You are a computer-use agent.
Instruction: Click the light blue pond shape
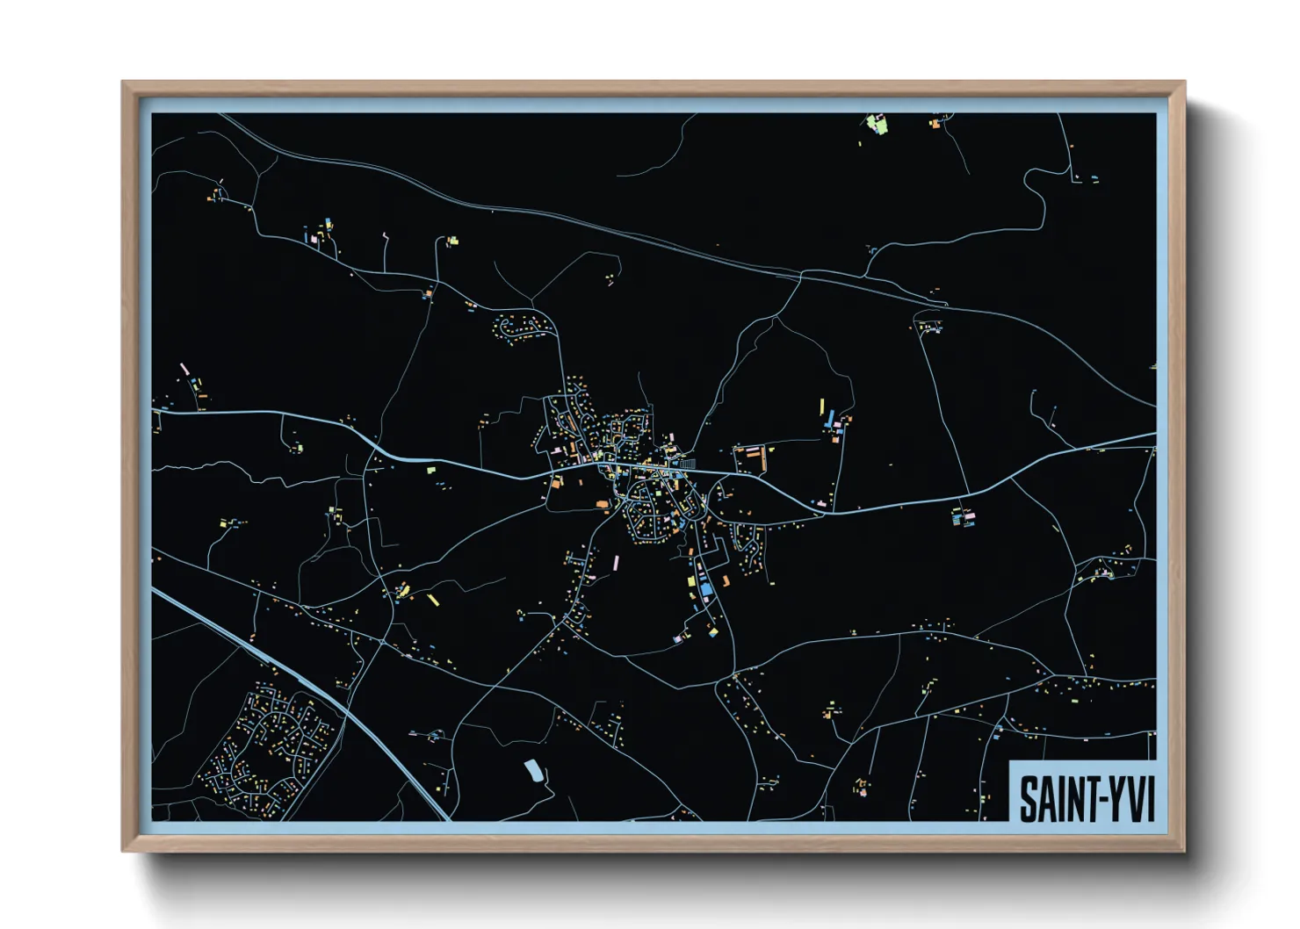point(532,771)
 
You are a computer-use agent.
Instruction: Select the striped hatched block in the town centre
point(687,463)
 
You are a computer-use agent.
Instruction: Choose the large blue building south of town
point(703,587)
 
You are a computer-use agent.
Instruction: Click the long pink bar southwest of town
point(616,562)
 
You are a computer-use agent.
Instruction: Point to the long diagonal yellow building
point(432,600)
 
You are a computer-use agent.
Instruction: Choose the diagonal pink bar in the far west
point(184,369)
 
